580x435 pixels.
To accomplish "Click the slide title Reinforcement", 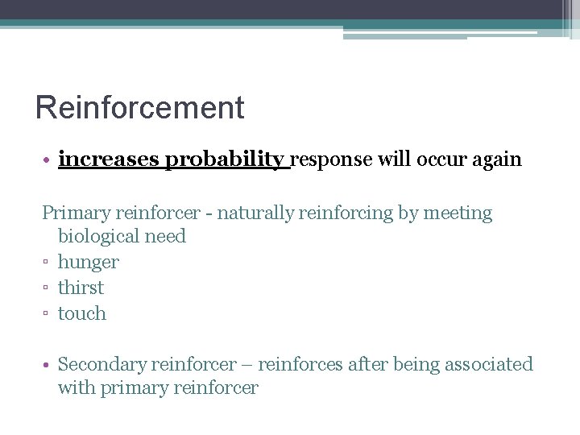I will pos(139,108).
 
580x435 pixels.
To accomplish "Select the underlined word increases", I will pos(109,159).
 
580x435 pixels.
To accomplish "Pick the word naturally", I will pos(255,213).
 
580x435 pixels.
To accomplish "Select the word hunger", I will pos(88,263).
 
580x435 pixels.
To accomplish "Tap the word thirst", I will pos(81,288).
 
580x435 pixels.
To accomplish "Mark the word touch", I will pos(82,313).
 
